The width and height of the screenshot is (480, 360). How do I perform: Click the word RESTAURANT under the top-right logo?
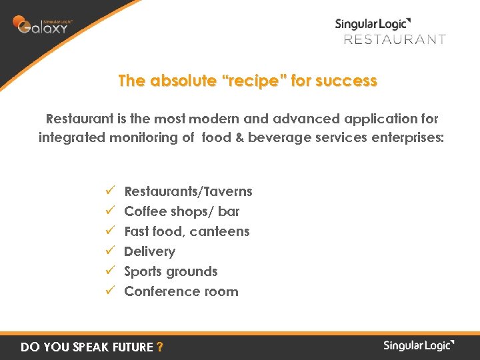394,39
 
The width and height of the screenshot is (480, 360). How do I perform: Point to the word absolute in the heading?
181,81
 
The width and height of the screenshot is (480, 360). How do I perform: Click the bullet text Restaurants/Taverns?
188,191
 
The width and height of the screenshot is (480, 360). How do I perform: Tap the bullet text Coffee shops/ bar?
181,211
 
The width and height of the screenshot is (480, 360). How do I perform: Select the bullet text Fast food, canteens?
187,231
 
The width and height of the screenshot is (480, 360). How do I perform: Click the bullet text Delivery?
149,251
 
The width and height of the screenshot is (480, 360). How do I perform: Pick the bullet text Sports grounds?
171,271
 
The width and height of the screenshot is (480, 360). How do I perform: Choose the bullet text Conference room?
181,291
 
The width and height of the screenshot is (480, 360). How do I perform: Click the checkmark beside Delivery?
111,251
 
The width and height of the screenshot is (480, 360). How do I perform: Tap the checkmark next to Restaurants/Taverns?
111,191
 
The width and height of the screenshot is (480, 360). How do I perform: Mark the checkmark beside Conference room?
111,291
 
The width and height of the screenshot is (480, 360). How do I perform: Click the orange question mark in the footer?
159,347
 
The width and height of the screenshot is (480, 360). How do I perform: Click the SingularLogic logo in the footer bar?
419,345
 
